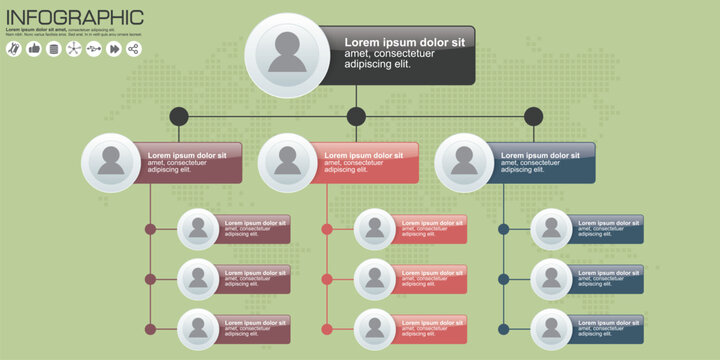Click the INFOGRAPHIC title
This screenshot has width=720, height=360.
point(75,17)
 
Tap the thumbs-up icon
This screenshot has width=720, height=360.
point(33,48)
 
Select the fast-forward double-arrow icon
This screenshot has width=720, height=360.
point(114,48)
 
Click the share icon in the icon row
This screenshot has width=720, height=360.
point(134,48)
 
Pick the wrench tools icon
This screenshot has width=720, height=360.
point(13,48)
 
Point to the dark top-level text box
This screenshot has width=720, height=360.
point(400,55)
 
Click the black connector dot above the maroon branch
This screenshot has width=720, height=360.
point(178,116)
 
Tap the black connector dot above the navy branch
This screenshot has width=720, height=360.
point(533,116)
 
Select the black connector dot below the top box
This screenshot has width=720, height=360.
point(356,116)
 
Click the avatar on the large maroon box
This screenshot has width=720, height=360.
point(110,162)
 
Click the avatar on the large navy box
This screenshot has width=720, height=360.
point(464,162)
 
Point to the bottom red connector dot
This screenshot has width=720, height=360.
point(327,329)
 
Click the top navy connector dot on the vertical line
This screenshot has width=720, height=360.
point(504,229)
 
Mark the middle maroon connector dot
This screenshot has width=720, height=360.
point(150,279)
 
